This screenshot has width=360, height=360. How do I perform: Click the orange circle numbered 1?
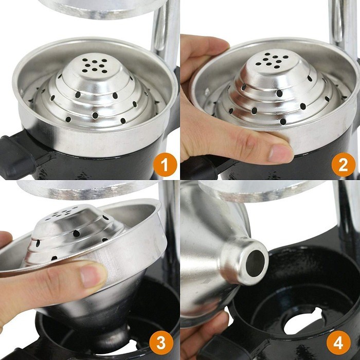tap(165, 165)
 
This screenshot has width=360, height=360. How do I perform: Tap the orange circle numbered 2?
tap(343, 165)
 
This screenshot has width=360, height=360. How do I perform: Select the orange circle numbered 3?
tap(161, 343)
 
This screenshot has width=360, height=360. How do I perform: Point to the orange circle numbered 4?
tap(338, 343)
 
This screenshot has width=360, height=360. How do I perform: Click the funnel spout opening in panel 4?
tap(255, 263)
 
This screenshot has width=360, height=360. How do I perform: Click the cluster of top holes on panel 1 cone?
tap(95, 65)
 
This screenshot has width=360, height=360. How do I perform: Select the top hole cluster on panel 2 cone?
tap(272, 60)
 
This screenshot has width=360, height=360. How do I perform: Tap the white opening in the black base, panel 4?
tap(303, 321)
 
